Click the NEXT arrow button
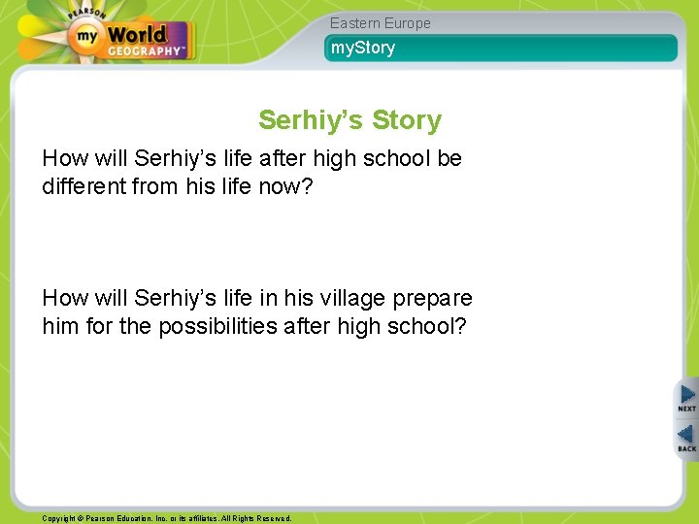tap(686, 397)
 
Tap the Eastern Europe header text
tap(380, 23)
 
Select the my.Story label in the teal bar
tap(363, 48)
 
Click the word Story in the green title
tap(407, 120)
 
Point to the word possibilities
tap(216, 326)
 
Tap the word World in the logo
tap(136, 36)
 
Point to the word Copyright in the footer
tap(60, 518)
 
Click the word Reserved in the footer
tap(270, 518)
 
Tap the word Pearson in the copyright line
tap(105, 518)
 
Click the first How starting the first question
tap(64, 158)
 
